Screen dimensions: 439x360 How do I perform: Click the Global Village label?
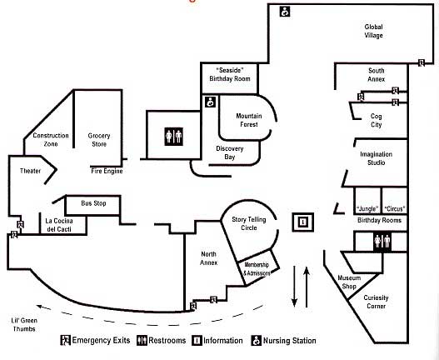click(373, 31)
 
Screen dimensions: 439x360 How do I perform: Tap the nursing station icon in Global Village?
click(285, 12)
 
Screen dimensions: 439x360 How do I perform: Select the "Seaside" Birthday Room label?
click(230, 74)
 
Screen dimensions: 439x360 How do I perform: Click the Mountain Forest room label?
click(249, 120)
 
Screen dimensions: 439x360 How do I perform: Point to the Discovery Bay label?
click(230, 152)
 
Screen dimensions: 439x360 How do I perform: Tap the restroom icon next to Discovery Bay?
click(173, 137)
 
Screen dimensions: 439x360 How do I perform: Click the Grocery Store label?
click(99, 140)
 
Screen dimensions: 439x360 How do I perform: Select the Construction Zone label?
click(51, 139)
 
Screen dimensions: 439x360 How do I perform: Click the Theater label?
click(30, 171)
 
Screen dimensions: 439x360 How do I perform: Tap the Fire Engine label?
click(107, 171)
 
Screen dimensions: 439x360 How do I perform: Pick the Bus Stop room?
click(93, 205)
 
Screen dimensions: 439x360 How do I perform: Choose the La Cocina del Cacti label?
click(59, 225)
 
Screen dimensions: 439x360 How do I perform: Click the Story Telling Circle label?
click(249, 223)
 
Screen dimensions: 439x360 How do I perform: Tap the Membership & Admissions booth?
click(258, 268)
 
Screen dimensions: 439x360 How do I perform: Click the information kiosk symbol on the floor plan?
click(303, 222)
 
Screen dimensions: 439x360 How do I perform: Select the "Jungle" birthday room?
click(367, 201)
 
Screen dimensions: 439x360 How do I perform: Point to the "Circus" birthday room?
click(395, 201)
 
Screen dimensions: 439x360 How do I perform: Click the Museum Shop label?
click(349, 282)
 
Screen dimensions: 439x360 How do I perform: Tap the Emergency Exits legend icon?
click(66, 340)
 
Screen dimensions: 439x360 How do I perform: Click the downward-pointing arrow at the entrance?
click(294, 286)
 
